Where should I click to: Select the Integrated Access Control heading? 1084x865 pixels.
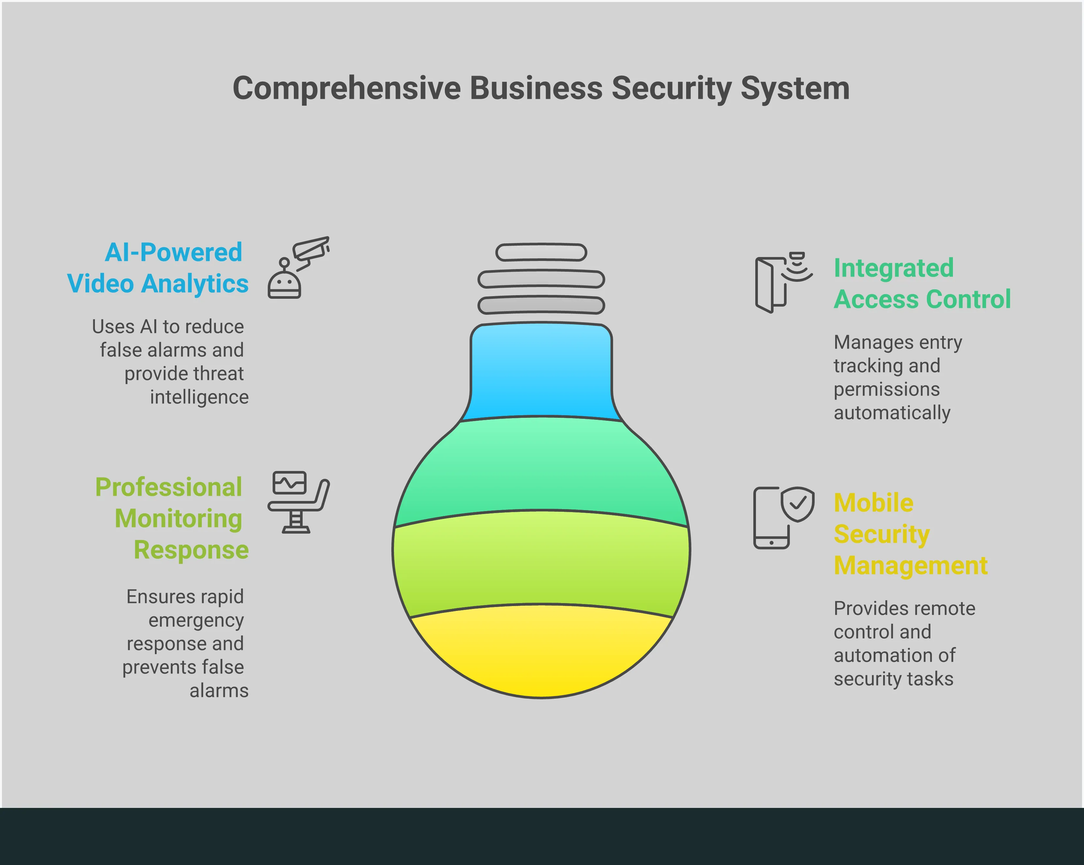click(922, 284)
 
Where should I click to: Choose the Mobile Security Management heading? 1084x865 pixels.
click(910, 534)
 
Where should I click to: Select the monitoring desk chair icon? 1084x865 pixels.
click(298, 502)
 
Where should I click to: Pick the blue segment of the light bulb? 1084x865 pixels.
click(541, 372)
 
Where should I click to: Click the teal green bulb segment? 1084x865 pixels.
click(541, 465)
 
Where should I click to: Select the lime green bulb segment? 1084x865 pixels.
click(541, 558)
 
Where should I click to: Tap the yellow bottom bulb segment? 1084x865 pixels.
click(541, 651)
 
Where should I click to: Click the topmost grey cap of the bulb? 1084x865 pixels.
click(541, 252)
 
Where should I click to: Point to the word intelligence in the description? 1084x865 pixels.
click(199, 397)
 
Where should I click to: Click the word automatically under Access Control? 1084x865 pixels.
click(892, 413)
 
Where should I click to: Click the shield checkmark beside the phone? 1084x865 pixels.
click(797, 503)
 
